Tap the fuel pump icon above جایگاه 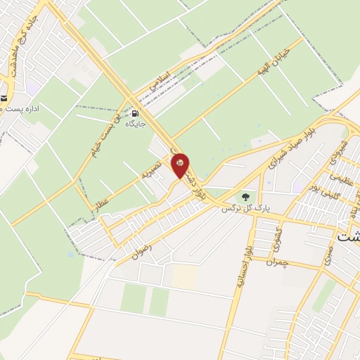click(x=134, y=112)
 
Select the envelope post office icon click(x=4, y=98)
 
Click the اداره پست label click(x=22, y=110)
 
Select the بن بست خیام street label click(x=105, y=133)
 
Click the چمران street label click(x=278, y=261)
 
